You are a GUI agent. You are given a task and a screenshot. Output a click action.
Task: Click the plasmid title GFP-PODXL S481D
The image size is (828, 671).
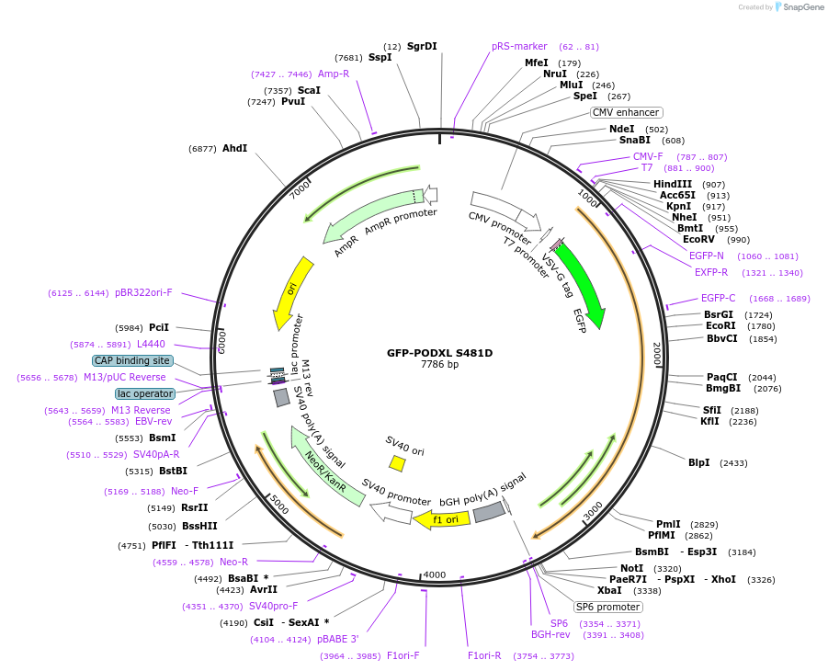pos(439,352)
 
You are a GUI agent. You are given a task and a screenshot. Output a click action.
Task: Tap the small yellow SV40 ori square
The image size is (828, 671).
pos(397,463)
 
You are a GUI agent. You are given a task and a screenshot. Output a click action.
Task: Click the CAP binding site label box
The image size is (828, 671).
pos(132,360)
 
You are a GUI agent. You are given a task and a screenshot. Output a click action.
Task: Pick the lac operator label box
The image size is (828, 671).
pos(145,393)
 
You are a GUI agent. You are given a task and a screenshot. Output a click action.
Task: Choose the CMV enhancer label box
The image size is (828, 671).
pos(625,112)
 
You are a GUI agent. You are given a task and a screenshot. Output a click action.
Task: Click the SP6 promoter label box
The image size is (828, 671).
pos(607,607)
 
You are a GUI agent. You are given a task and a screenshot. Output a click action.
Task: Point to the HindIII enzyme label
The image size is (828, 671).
pos(673,184)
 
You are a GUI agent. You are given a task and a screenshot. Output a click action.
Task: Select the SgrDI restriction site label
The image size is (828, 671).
pos(422,46)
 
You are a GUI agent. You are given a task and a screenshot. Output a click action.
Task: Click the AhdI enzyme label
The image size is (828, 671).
pos(234,148)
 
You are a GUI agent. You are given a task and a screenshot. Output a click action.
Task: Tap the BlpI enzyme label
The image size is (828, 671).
pos(699,462)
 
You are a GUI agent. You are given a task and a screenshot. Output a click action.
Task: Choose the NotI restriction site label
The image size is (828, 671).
pos(632,568)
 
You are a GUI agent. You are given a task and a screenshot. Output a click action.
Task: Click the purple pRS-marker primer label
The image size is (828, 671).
pos(519,46)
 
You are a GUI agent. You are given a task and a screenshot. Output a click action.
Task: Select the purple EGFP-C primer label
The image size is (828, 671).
pos(718,298)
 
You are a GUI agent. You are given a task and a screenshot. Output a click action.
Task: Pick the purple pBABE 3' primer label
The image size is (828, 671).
pos(337,639)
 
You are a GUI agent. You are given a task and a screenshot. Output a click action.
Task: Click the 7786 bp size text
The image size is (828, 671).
pos(439,365)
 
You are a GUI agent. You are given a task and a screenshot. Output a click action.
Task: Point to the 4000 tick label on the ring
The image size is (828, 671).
pos(435,575)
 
